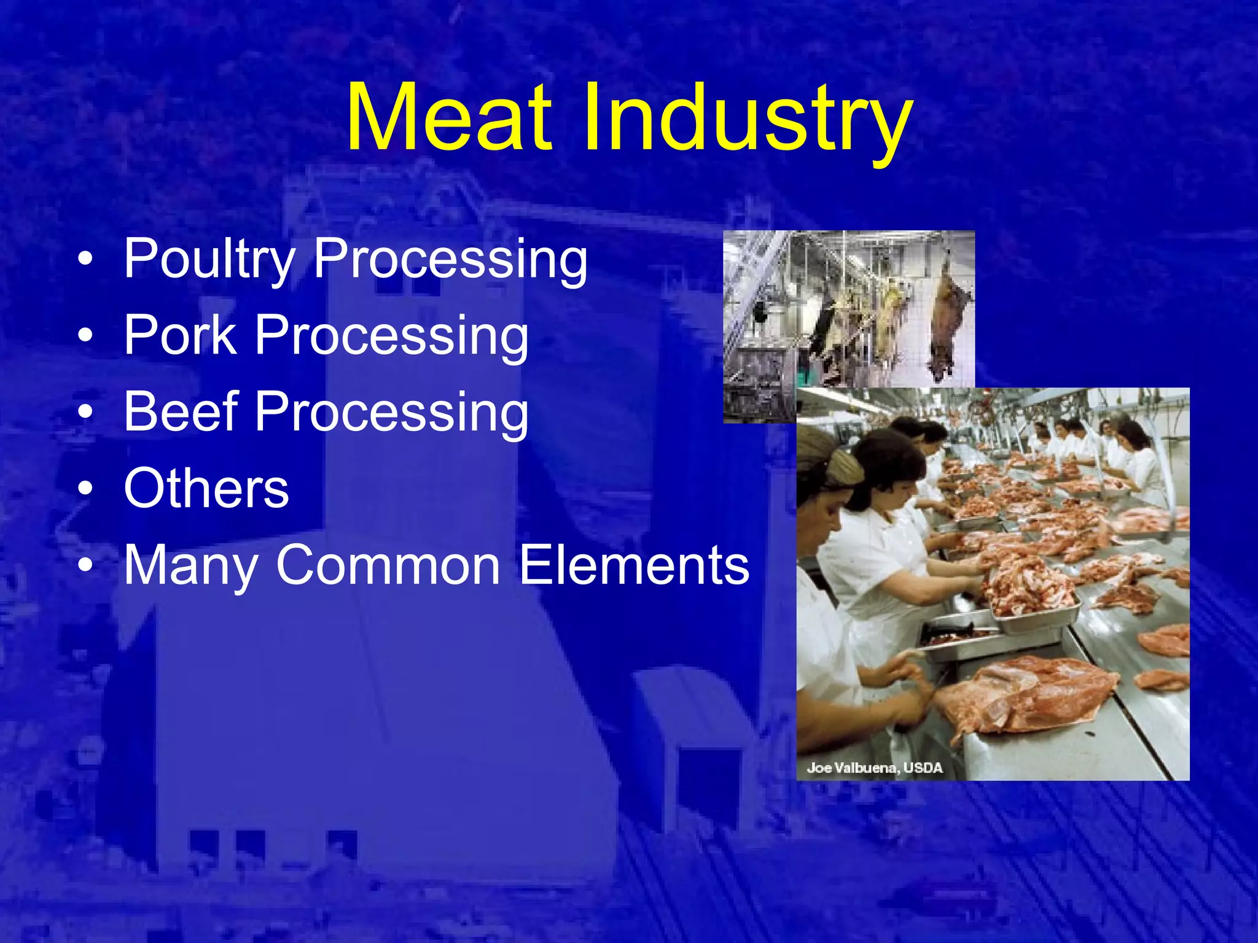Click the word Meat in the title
tap(448, 118)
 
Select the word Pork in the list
tap(180, 335)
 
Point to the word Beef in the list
tap(181, 411)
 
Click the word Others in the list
tap(206, 488)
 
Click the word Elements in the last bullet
tap(634, 565)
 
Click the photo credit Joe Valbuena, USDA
tap(874, 767)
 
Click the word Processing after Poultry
tap(450, 260)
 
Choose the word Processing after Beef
tap(391, 413)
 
